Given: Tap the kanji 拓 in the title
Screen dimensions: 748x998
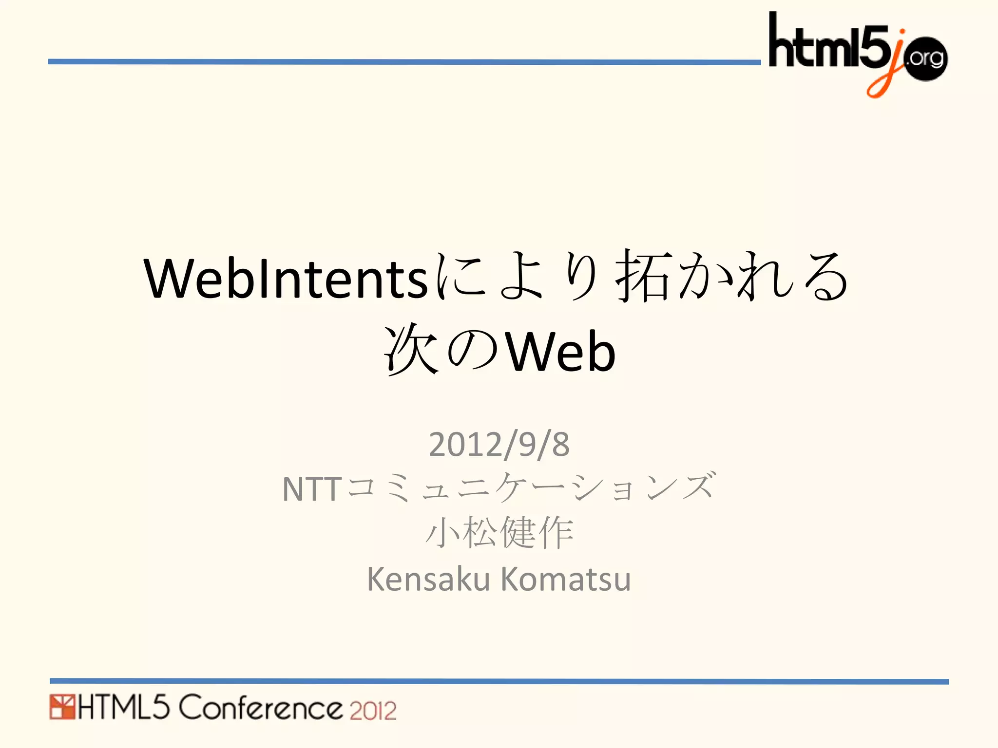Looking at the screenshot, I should tap(644, 276).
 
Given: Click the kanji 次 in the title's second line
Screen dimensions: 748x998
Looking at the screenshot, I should tap(410, 350).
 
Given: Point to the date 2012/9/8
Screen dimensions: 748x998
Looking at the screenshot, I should tap(499, 444).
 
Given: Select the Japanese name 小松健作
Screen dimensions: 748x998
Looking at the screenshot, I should tap(499, 533).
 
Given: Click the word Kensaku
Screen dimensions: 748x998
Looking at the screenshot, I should tap(428, 579).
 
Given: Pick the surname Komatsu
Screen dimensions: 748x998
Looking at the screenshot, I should tap(566, 579).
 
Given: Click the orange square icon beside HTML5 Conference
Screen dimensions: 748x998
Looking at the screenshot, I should tap(62, 707).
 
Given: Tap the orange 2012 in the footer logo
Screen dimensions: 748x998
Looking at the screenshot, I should tap(373, 711).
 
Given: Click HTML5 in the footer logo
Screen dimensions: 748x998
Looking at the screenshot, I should tap(123, 708).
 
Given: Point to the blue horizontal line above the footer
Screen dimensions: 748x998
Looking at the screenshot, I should tap(499, 681).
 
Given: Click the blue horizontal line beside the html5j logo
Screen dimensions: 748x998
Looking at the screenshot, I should tap(404, 62).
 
